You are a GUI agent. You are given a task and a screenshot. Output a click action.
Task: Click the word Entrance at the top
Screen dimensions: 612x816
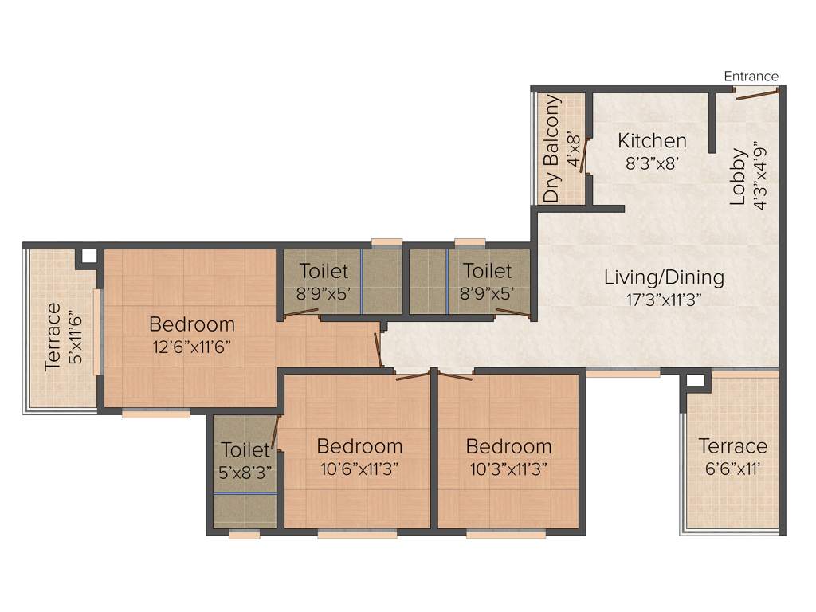[751, 76]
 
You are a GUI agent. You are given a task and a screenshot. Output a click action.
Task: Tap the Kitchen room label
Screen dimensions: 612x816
[652, 141]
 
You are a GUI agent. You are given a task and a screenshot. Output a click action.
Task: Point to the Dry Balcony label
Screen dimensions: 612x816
[551, 149]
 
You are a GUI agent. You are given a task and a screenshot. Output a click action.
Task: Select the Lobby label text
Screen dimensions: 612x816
[739, 177]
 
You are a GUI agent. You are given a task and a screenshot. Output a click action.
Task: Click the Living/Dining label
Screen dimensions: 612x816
[664, 277]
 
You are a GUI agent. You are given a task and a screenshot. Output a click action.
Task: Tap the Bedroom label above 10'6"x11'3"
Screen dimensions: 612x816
[359, 446]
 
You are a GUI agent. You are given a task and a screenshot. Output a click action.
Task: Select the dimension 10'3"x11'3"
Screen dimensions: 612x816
[508, 469]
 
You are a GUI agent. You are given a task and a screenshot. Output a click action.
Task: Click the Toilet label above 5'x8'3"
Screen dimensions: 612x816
[245, 449]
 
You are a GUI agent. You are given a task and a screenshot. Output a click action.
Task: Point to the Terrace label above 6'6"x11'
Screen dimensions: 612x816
[732, 446]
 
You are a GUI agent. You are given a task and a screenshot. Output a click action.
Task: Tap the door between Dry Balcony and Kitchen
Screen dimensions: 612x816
[585, 155]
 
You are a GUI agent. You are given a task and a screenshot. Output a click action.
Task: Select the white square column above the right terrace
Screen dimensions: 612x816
[695, 380]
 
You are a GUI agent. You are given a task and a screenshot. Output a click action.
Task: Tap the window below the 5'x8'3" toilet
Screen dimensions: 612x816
[244, 535]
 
